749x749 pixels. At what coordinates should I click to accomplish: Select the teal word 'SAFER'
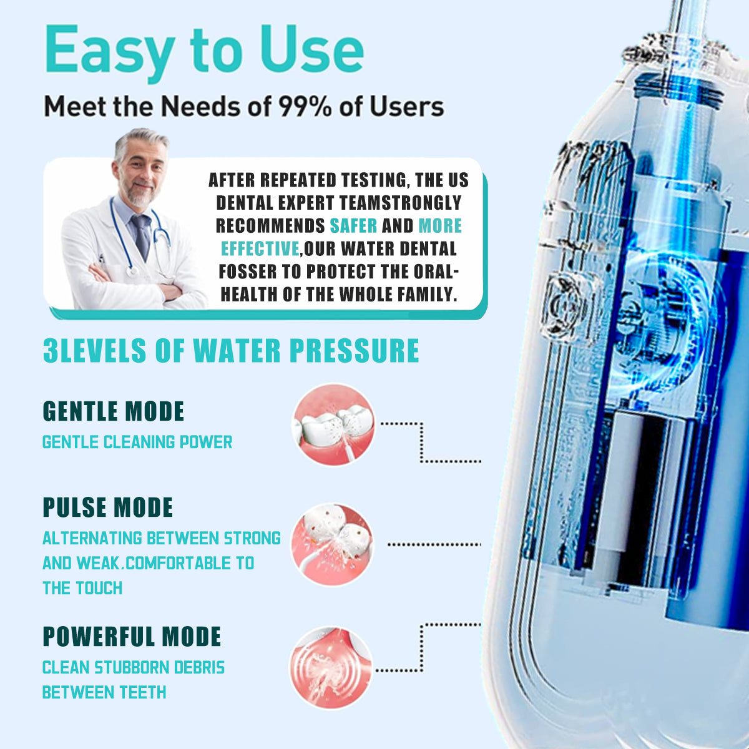click(353, 225)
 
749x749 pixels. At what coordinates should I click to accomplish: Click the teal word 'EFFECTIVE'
click(260, 249)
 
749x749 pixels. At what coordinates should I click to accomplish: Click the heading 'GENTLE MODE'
click(113, 411)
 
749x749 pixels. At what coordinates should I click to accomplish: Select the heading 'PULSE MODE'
click(107, 507)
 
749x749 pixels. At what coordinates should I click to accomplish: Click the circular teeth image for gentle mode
click(333, 425)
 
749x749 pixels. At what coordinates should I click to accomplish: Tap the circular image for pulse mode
click(331, 544)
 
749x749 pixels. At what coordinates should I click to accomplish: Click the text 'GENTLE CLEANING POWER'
click(137, 443)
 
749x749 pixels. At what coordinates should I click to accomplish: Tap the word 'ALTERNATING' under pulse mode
click(92, 538)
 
